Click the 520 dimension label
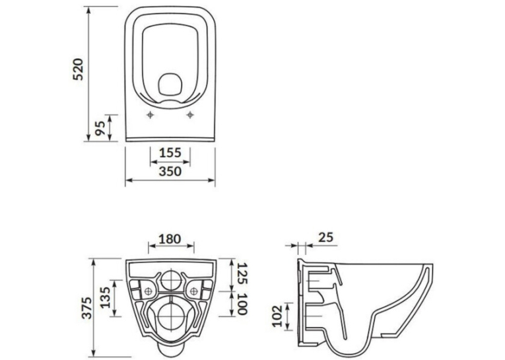click(78, 69)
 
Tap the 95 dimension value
click(100, 128)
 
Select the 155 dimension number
click(170, 153)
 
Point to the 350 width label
click(170, 171)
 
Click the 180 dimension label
click(170, 239)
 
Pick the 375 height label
click(86, 308)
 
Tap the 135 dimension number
click(106, 297)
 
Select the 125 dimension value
click(242, 273)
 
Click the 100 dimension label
click(242, 304)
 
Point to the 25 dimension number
click(325, 237)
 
